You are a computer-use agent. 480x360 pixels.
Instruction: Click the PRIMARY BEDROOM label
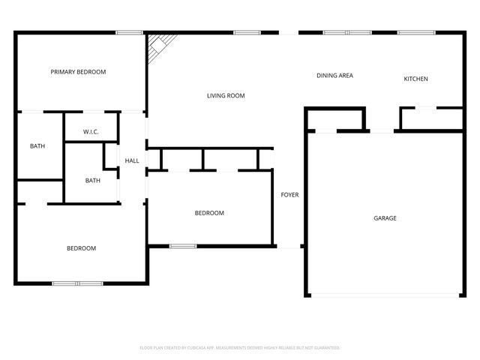pyautogui.click(x=78, y=72)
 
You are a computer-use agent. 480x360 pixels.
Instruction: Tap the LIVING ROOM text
pyautogui.click(x=226, y=96)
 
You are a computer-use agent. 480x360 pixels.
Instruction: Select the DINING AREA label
pyautogui.click(x=334, y=76)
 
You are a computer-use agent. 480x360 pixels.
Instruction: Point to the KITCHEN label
pyautogui.click(x=416, y=79)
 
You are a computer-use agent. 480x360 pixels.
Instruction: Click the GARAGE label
pyautogui.click(x=385, y=218)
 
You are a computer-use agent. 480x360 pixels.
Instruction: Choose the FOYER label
pyautogui.click(x=289, y=195)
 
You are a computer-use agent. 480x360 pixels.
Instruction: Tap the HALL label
pyautogui.click(x=132, y=160)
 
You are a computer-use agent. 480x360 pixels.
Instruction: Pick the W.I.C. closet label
pyautogui.click(x=88, y=133)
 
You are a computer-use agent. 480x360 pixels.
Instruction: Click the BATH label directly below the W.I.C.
pyautogui.click(x=92, y=181)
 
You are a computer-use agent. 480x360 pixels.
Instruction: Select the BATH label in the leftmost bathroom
pyautogui.click(x=37, y=145)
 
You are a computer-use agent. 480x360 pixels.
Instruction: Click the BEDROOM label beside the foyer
pyautogui.click(x=209, y=213)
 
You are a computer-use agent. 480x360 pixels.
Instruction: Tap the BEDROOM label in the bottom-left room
pyautogui.click(x=81, y=248)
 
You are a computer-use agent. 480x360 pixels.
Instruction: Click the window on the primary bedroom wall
pyautogui.click(x=129, y=32)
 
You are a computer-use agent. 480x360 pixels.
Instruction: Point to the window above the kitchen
pyautogui.click(x=411, y=32)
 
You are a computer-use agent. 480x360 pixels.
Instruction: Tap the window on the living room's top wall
pyautogui.click(x=246, y=32)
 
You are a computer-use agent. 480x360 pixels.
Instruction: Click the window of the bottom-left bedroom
pyautogui.click(x=77, y=283)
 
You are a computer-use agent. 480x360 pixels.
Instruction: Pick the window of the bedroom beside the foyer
pyautogui.click(x=182, y=246)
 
